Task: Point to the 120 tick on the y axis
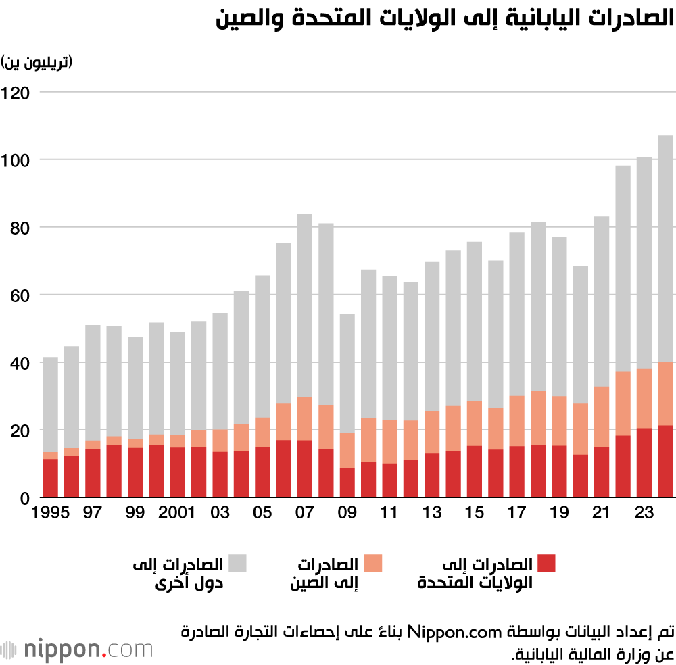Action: coord(16,93)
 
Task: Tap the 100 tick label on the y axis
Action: coord(16,160)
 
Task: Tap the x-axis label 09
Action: coord(347,513)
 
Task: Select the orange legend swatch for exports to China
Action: coord(373,563)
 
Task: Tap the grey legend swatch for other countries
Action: coord(237,563)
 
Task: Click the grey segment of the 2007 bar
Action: coord(305,305)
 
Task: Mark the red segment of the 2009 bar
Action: coord(347,483)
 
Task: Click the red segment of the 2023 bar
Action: coord(644,463)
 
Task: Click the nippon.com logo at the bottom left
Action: coord(77,650)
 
